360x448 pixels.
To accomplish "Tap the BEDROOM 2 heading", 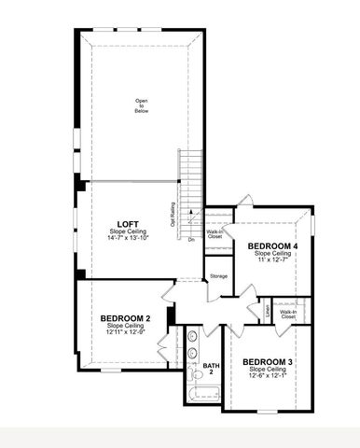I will (126, 318).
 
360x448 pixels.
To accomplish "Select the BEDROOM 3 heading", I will (268, 361).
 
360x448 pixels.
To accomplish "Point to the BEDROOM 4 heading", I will (272, 245).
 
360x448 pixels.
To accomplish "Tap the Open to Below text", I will (142, 105).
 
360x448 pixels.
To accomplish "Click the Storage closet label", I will (218, 276).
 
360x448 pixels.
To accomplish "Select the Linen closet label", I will (268, 308).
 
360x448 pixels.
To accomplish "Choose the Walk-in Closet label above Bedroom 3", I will (287, 315).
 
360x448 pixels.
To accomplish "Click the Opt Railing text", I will (173, 216).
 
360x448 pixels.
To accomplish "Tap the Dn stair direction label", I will (191, 240).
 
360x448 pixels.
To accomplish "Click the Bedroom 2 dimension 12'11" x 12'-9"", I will (126, 332).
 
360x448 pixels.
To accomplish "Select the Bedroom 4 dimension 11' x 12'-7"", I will (272, 259).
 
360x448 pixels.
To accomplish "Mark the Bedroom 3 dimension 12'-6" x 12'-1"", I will (268, 375).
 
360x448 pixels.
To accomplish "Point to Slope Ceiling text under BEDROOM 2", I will (126, 326).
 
